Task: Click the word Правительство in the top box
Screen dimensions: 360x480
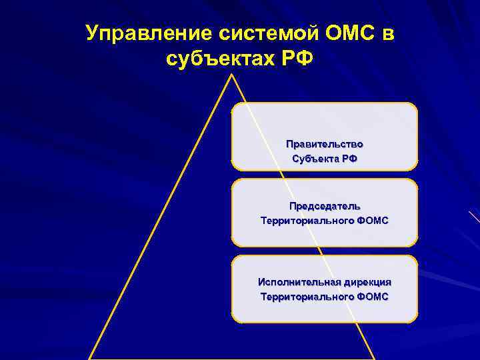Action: pos(325,144)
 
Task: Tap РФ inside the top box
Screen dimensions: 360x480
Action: pos(349,159)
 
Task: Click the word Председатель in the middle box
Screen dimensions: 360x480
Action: pos(325,205)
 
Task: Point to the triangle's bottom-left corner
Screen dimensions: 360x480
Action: pos(90,358)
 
